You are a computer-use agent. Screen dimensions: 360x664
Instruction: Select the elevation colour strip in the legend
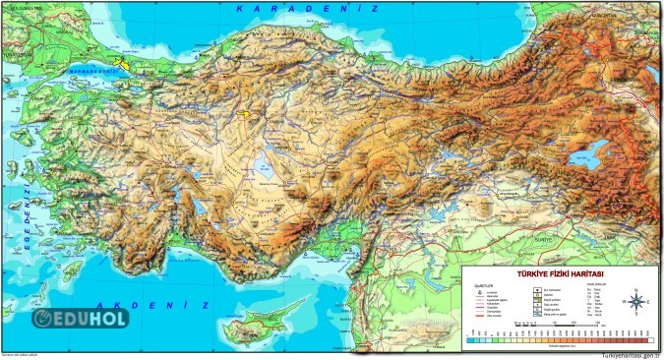click(561, 340)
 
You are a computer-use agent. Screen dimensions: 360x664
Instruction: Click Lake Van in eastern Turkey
click(587, 155)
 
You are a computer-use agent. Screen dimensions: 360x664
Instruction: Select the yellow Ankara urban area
click(242, 113)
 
